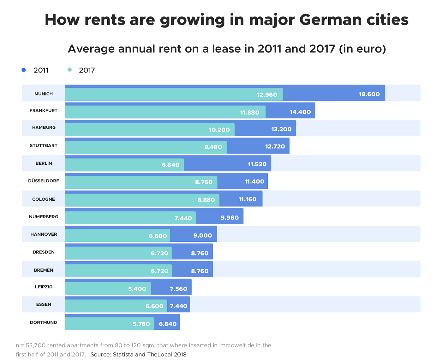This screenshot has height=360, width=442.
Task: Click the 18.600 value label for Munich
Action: pyautogui.click(x=369, y=94)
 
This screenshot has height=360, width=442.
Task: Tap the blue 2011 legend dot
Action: pyautogui.click(x=24, y=70)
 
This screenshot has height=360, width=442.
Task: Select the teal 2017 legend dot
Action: pyautogui.click(x=69, y=70)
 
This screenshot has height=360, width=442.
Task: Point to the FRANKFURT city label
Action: pyautogui.click(x=44, y=111)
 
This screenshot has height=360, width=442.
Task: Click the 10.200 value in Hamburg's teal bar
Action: pyautogui.click(x=219, y=130)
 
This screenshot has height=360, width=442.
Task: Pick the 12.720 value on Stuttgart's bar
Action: pyautogui.click(x=275, y=146)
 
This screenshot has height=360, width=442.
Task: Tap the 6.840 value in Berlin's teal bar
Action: pyautogui.click(x=170, y=165)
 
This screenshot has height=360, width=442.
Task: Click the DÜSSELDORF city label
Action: pyautogui.click(x=44, y=181)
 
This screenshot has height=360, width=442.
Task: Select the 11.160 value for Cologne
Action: pyautogui.click(x=247, y=199)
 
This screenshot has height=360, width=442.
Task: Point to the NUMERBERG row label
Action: pyautogui.click(x=44, y=217)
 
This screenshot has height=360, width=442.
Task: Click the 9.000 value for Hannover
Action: pyautogui.click(x=203, y=235)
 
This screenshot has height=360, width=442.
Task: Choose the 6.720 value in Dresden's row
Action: pyautogui.click(x=159, y=253)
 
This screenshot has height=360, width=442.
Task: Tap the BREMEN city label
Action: pyautogui.click(x=44, y=270)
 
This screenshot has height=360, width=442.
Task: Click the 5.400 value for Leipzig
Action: pyautogui.click(x=137, y=289)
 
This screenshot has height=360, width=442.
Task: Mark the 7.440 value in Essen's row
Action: pyautogui.click(x=178, y=306)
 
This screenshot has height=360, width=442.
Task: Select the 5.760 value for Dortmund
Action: pyautogui.click(x=141, y=324)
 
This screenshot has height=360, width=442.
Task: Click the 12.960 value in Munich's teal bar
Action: pyautogui.click(x=267, y=95)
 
